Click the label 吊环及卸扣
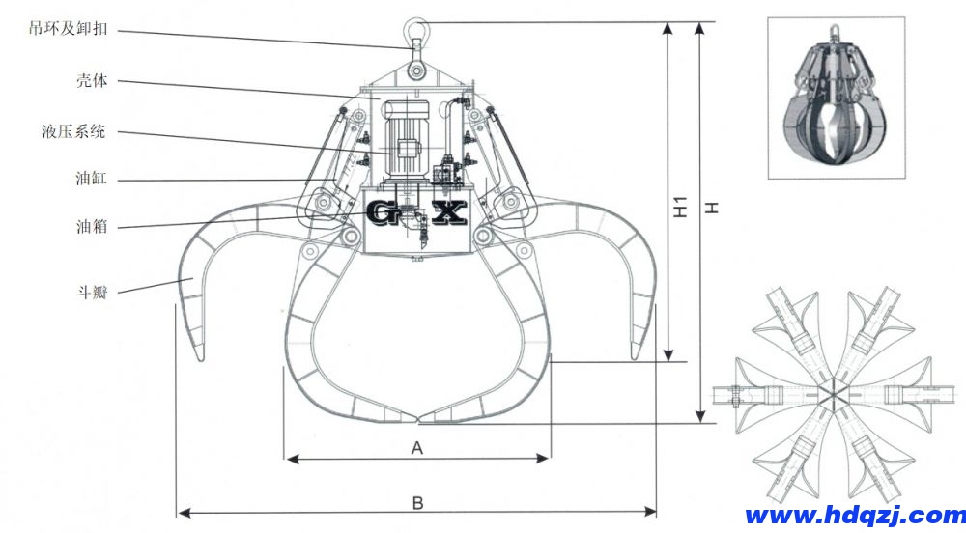(x=66, y=29)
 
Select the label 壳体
(x=91, y=80)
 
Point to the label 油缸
(x=92, y=180)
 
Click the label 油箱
(x=92, y=227)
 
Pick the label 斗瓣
(x=92, y=289)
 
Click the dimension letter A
(x=417, y=447)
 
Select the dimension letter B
(x=417, y=502)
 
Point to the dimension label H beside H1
(x=712, y=207)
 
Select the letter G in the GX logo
(x=384, y=212)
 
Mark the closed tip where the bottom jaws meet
(x=418, y=421)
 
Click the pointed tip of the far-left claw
(x=200, y=360)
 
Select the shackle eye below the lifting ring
(x=417, y=70)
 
